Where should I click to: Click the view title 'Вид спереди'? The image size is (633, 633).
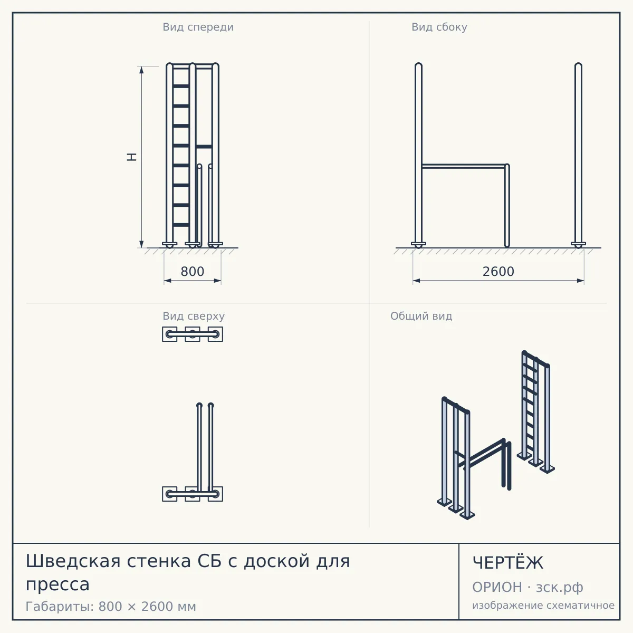point(198,27)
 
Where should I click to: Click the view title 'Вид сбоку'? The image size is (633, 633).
point(439,27)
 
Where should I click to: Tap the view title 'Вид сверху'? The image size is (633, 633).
point(194,316)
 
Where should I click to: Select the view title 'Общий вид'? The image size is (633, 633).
point(421,316)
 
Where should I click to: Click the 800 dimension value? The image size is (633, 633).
point(193,271)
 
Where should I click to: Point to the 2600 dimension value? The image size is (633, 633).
point(498,271)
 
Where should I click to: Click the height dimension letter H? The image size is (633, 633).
point(132,157)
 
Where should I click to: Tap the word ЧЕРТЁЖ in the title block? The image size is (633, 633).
point(508,563)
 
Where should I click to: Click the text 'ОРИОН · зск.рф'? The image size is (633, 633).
point(527,587)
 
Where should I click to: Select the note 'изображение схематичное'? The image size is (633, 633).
point(543,605)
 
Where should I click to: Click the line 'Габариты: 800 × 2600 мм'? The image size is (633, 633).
point(111,607)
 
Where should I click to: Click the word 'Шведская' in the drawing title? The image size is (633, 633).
point(73,561)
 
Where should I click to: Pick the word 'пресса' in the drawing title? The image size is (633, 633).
point(58,584)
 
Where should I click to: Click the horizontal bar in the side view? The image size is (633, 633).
point(464,166)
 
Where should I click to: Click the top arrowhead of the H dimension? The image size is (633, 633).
point(141,70)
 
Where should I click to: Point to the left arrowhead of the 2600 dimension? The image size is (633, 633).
point(417,281)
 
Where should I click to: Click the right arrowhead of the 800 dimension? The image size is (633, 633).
point(217,281)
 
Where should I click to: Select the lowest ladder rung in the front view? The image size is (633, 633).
point(181,225)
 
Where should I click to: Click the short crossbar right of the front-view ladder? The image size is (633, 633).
point(204,147)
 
